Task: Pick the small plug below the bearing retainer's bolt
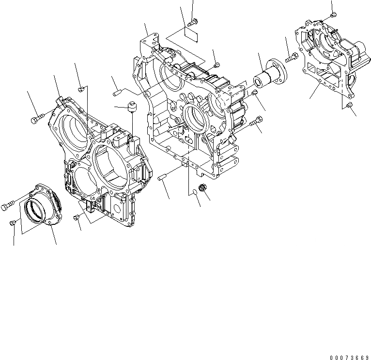[x=15, y=222]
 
